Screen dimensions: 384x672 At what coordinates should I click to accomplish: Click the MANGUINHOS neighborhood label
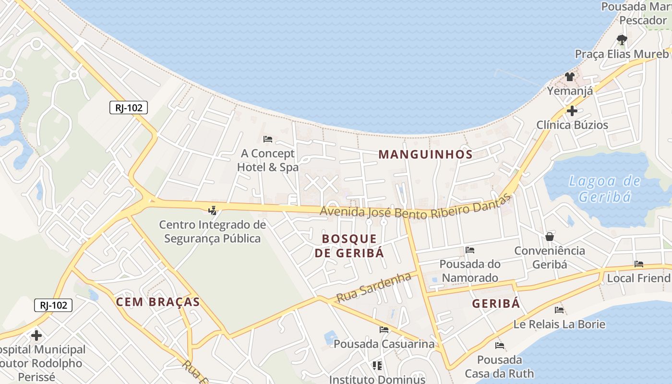pos(426,155)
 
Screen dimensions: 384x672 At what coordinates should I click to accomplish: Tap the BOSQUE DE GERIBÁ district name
pos(349,246)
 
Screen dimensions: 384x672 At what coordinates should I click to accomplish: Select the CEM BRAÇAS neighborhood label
pos(158,302)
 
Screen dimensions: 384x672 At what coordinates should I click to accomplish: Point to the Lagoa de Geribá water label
pos(604,189)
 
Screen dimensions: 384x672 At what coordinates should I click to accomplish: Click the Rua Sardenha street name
pos(374,287)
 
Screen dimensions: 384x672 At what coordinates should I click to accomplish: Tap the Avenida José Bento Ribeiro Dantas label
pos(416,208)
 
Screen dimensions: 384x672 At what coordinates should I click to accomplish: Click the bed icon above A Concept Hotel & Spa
pos(268,139)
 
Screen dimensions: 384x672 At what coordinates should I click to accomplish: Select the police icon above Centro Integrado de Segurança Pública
pos(212,210)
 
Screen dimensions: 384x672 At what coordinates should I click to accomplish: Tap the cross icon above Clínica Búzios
pos(572,111)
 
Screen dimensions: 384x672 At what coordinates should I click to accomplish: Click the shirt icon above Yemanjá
pos(570,76)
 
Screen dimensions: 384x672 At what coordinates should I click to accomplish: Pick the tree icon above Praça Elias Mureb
pos(622,39)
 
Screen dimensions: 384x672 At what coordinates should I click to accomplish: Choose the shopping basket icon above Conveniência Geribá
pos(550,237)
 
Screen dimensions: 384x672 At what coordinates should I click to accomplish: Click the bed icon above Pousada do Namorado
pos(470,250)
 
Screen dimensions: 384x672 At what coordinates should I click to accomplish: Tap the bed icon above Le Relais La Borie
pos(559,310)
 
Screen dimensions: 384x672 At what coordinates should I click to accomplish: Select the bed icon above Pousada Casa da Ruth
pos(500,346)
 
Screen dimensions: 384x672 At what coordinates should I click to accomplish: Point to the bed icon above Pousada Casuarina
pos(384,330)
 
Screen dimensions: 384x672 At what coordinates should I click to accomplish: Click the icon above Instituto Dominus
pos(377,366)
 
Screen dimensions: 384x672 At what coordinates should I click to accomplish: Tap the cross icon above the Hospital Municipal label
pos(36,335)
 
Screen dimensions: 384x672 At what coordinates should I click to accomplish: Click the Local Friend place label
pos(638,278)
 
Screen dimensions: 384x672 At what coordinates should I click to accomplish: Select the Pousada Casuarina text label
pos(384,344)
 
